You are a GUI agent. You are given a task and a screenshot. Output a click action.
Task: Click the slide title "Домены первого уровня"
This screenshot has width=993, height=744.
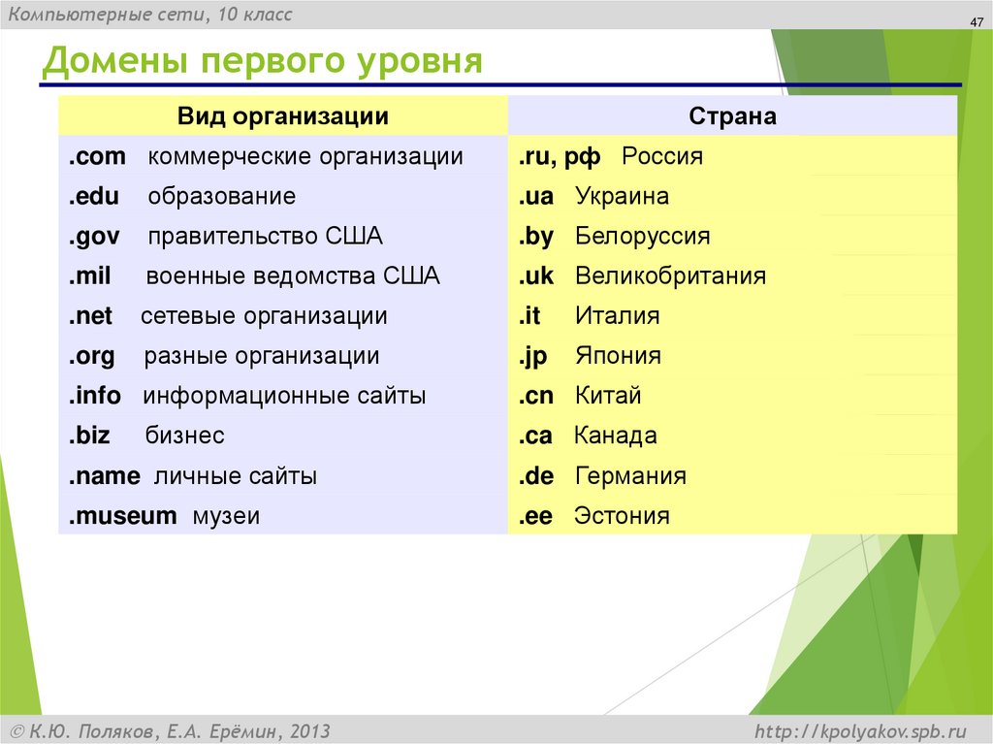[262, 61]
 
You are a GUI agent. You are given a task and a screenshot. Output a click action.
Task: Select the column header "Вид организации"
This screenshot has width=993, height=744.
[282, 116]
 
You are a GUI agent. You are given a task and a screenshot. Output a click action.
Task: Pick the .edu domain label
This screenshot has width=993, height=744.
[94, 197]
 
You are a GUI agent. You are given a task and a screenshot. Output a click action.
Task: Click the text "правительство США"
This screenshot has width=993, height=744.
[265, 237]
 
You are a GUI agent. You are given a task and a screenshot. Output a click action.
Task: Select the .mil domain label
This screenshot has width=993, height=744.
[90, 276]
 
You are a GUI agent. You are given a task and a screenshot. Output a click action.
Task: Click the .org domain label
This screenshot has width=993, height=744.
[92, 356]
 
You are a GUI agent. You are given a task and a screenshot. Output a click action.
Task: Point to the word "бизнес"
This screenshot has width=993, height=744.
[184, 436]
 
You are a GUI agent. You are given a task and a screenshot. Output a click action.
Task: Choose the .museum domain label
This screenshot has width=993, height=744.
[122, 516]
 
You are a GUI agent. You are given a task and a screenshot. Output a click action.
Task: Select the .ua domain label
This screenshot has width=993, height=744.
[535, 197]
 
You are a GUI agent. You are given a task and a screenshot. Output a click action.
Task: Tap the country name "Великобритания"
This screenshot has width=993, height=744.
[670, 276]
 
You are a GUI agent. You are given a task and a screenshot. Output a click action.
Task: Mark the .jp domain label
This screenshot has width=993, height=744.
[532, 356]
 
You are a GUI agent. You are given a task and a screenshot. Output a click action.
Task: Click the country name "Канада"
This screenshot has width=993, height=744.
[616, 436]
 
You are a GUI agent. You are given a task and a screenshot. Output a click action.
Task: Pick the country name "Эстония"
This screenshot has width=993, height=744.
[622, 516]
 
